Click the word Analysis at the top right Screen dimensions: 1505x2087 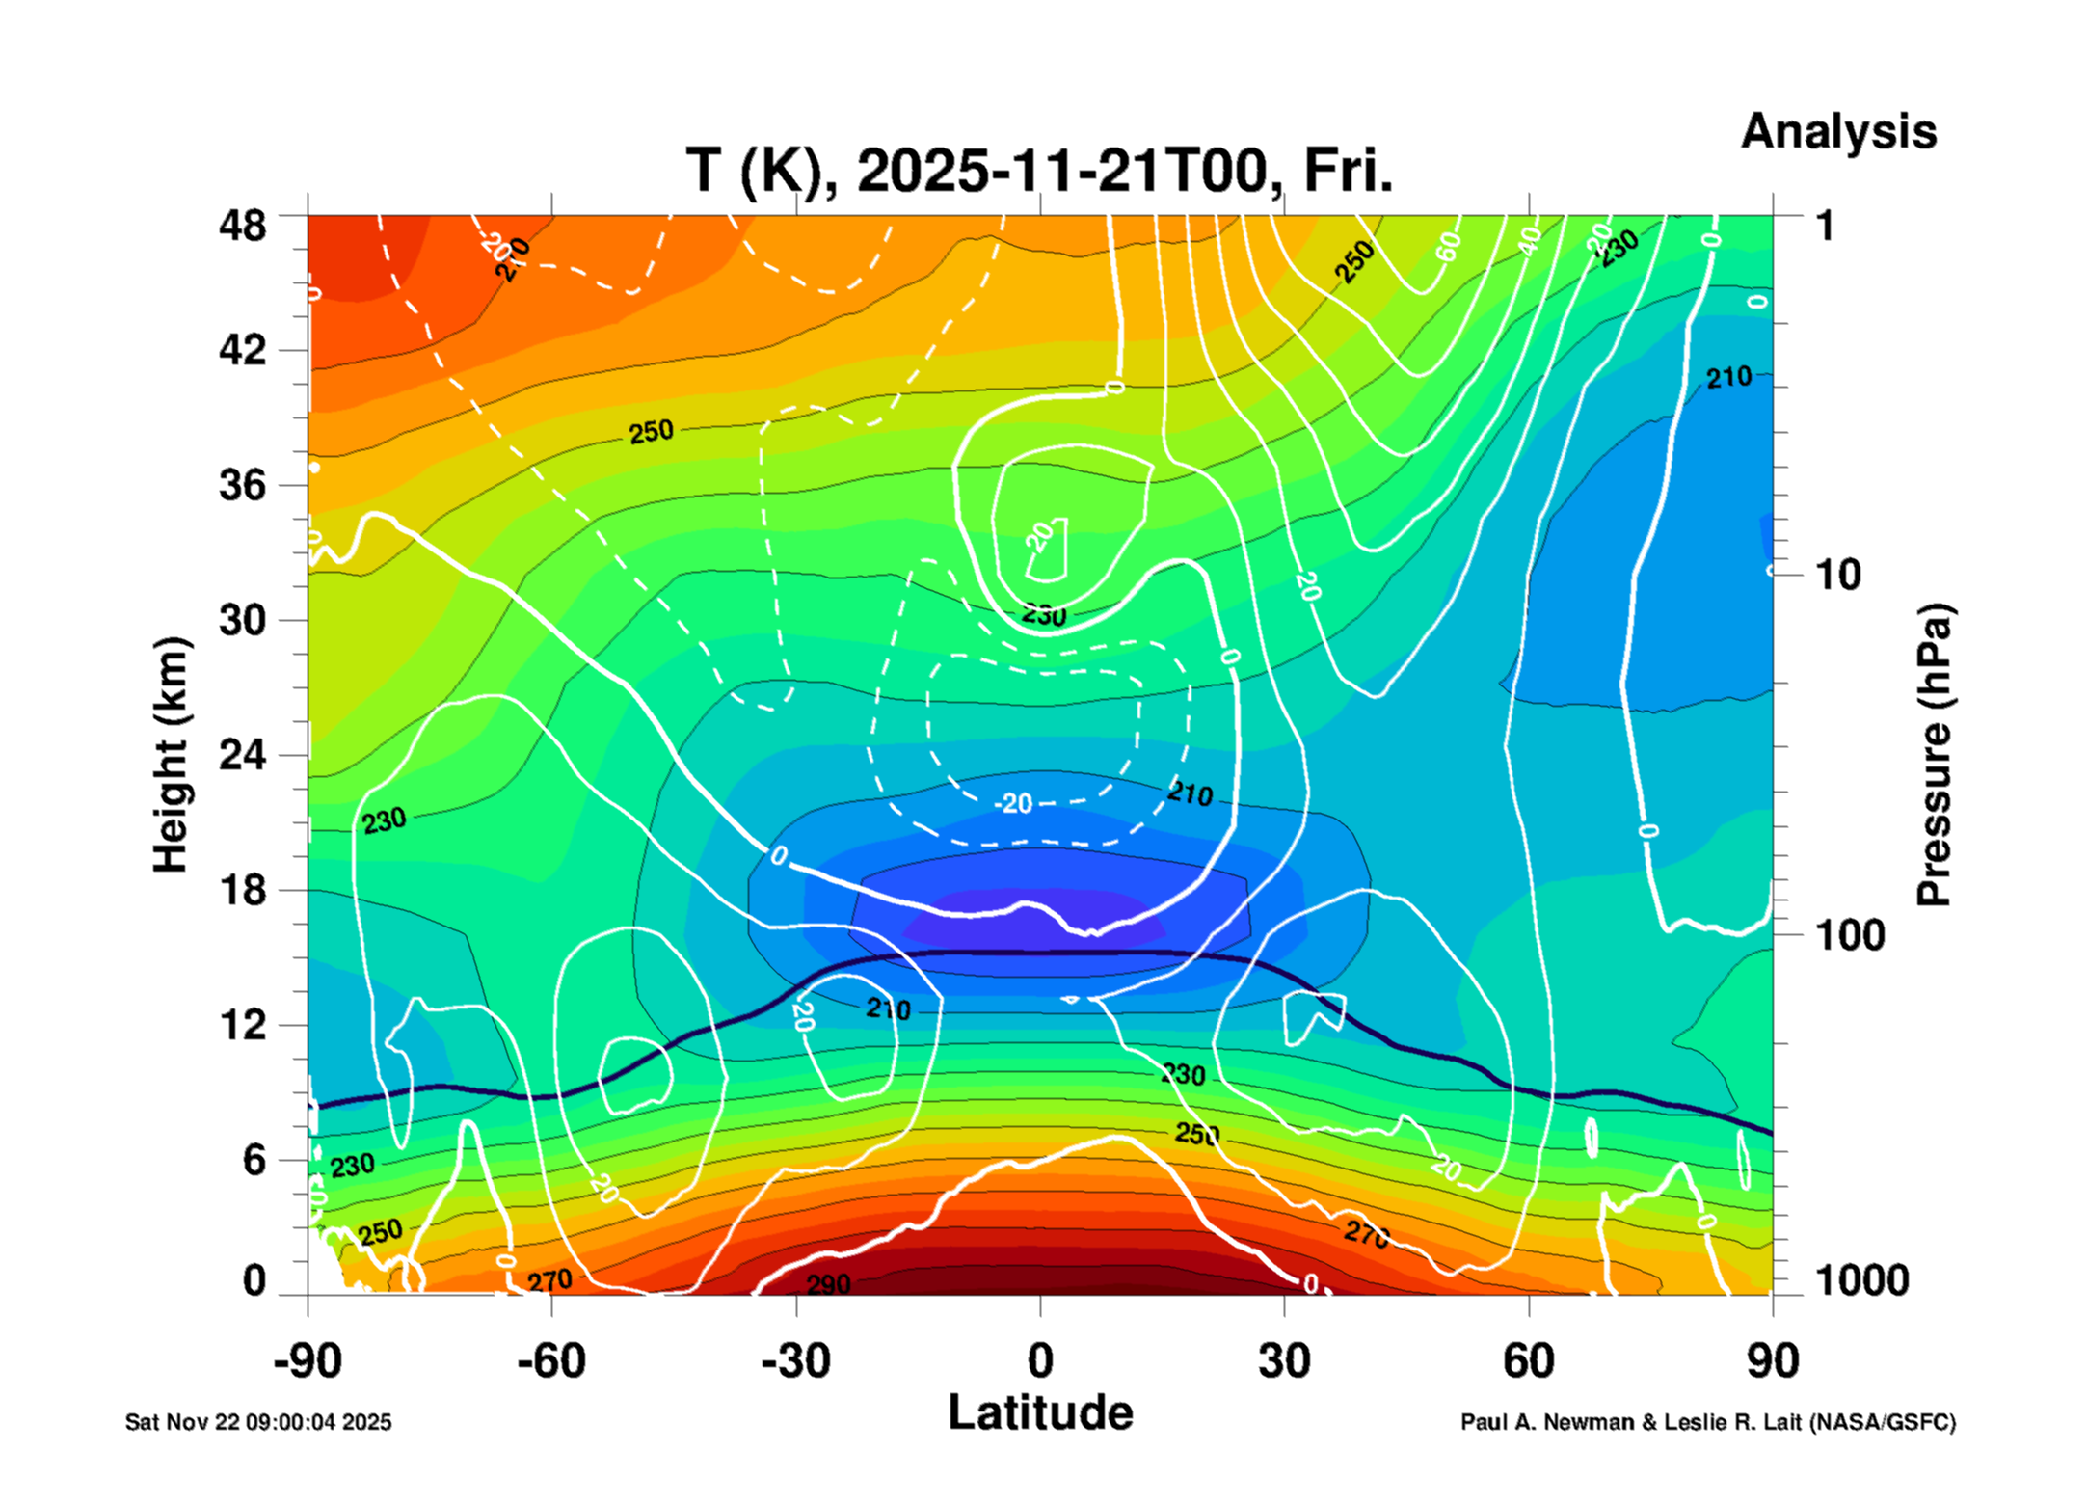point(1837,131)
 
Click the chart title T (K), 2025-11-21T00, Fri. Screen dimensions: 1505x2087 point(1039,172)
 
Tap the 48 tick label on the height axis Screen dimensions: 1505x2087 point(242,226)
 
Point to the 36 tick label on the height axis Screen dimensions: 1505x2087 point(242,484)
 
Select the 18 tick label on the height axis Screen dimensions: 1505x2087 point(242,889)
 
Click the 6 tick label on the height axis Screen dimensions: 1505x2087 point(254,1160)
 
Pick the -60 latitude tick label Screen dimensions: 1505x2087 point(550,1361)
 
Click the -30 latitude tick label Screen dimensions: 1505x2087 point(795,1361)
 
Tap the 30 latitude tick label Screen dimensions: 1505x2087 point(1284,1361)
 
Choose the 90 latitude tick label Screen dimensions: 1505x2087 point(1773,1361)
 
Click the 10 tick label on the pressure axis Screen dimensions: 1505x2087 point(1837,576)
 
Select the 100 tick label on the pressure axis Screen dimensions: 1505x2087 point(1849,935)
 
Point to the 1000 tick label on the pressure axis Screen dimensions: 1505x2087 point(1861,1280)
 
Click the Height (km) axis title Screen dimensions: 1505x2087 point(171,755)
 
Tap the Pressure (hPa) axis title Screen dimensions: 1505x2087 point(1933,755)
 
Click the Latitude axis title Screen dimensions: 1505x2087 point(1040,1413)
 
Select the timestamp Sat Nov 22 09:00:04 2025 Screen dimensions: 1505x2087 point(258,1422)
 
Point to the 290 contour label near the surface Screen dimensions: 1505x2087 point(828,1284)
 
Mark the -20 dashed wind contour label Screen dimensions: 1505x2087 point(1015,803)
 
